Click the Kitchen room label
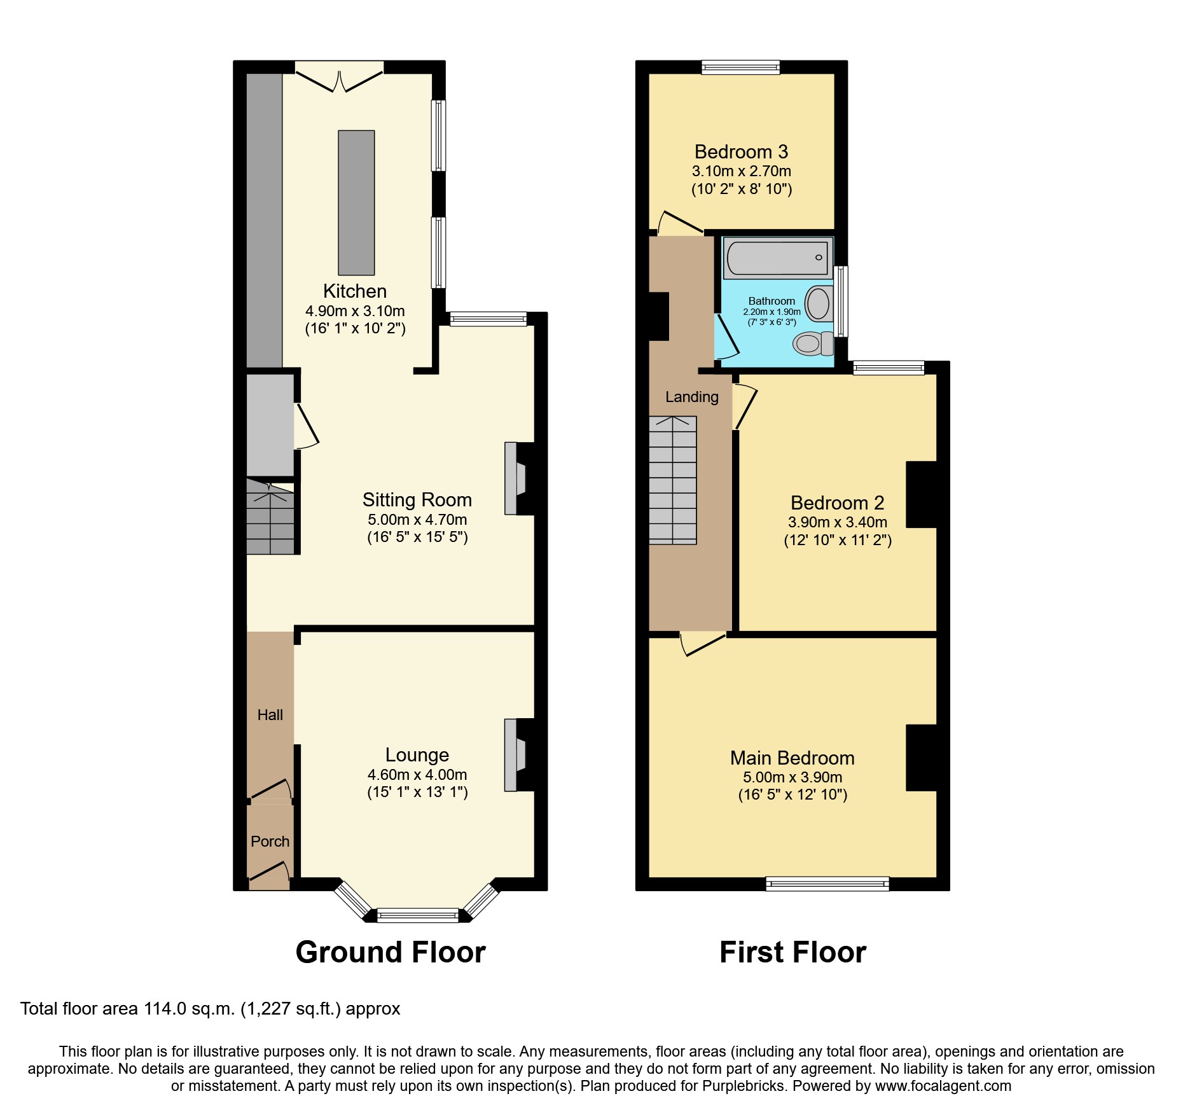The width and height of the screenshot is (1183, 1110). (x=355, y=291)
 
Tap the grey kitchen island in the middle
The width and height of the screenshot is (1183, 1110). (x=356, y=202)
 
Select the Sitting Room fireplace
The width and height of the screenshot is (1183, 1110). (x=515, y=478)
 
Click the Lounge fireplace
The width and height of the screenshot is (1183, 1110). (x=515, y=755)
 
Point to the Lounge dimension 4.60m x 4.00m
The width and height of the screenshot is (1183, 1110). (x=417, y=775)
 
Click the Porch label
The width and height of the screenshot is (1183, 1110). (x=270, y=842)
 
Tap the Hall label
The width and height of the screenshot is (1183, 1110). (x=270, y=715)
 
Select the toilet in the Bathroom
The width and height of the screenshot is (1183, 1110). (x=812, y=343)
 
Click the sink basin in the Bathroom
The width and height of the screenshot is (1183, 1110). (x=819, y=304)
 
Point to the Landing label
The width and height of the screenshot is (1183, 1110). (x=692, y=397)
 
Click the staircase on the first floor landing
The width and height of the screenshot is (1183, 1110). (x=672, y=480)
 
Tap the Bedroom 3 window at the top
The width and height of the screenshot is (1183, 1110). (x=741, y=67)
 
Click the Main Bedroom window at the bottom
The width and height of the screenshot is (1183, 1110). (x=827, y=883)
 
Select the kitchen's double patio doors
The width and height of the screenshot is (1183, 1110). (x=339, y=78)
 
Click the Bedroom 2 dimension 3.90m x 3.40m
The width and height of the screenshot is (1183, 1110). (x=837, y=522)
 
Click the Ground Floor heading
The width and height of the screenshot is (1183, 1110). (x=391, y=952)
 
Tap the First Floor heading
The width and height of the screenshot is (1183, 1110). (x=792, y=952)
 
